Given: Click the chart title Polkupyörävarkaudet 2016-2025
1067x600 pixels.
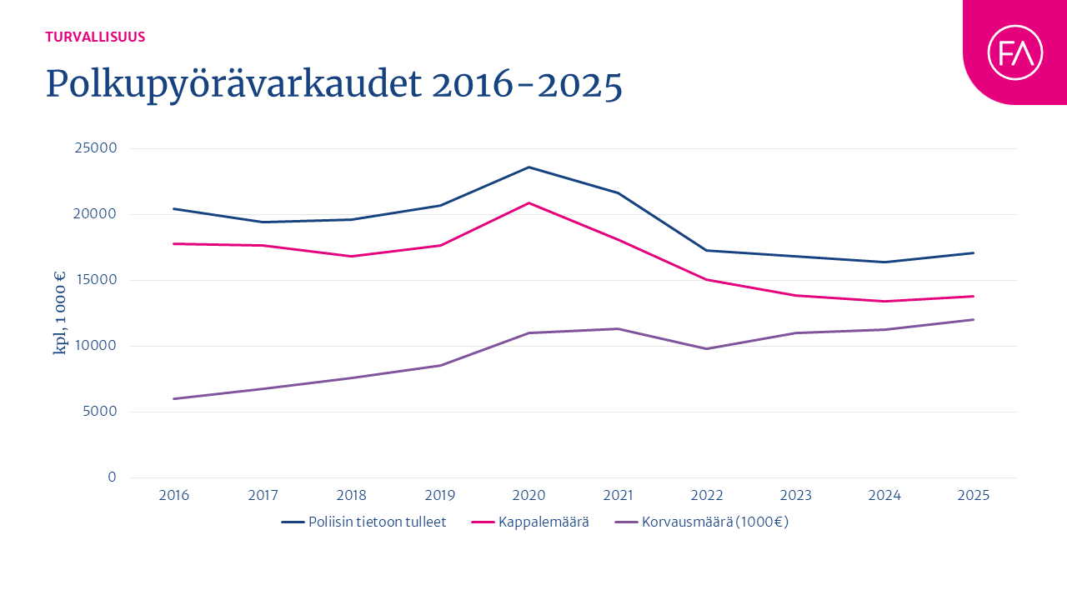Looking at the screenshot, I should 333,84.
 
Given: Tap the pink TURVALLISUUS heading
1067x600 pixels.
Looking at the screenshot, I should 95,37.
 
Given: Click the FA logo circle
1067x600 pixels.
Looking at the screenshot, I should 1014,52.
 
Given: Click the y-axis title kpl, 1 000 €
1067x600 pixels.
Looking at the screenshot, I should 59,313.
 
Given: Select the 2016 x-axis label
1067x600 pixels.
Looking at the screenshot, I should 173,496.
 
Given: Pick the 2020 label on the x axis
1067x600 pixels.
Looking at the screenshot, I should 528,496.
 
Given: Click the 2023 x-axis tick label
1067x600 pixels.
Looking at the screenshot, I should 795,496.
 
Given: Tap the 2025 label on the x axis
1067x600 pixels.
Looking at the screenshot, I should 973,496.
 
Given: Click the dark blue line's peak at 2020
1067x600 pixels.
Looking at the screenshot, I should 528,167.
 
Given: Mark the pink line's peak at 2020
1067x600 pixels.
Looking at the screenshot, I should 528,202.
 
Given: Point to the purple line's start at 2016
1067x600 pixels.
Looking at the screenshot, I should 173,398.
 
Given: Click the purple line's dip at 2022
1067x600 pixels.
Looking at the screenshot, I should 706,348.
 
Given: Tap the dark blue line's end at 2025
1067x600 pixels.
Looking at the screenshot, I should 973,252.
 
